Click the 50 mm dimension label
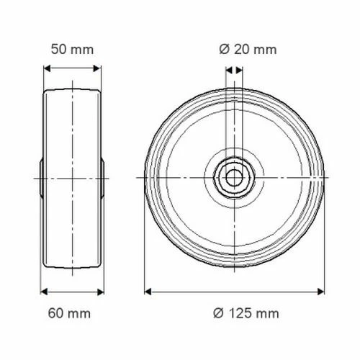click(x=72, y=50)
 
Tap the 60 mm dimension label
click(x=69, y=313)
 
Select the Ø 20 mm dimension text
click(x=248, y=50)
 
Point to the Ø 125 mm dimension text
click(x=246, y=313)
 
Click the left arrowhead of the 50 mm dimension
click(x=47, y=68)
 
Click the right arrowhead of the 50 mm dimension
click(x=97, y=68)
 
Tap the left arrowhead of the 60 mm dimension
click(x=44, y=292)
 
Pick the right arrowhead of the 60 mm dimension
click(x=100, y=292)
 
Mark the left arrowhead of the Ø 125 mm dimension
click(x=148, y=292)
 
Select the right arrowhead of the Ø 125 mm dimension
click(x=320, y=292)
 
